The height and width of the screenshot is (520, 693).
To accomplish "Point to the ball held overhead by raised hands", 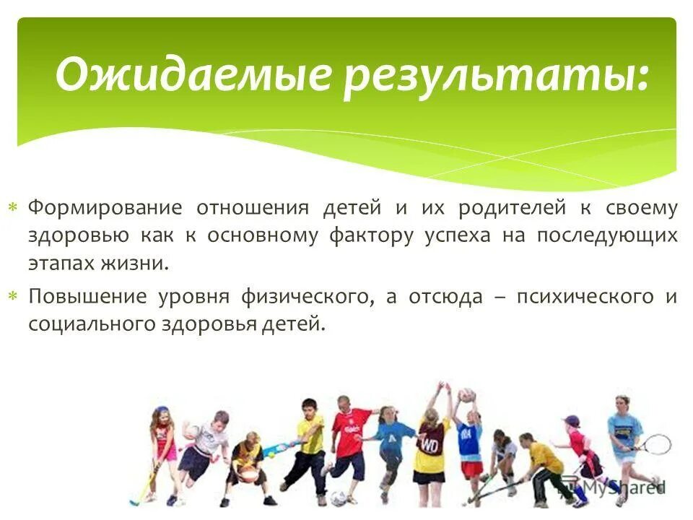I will (x=466, y=396).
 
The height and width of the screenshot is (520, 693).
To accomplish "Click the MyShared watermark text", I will (x=625, y=487).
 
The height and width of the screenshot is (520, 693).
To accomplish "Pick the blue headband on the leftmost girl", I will (x=160, y=412).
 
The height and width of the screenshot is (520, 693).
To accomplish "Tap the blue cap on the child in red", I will (x=572, y=420).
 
